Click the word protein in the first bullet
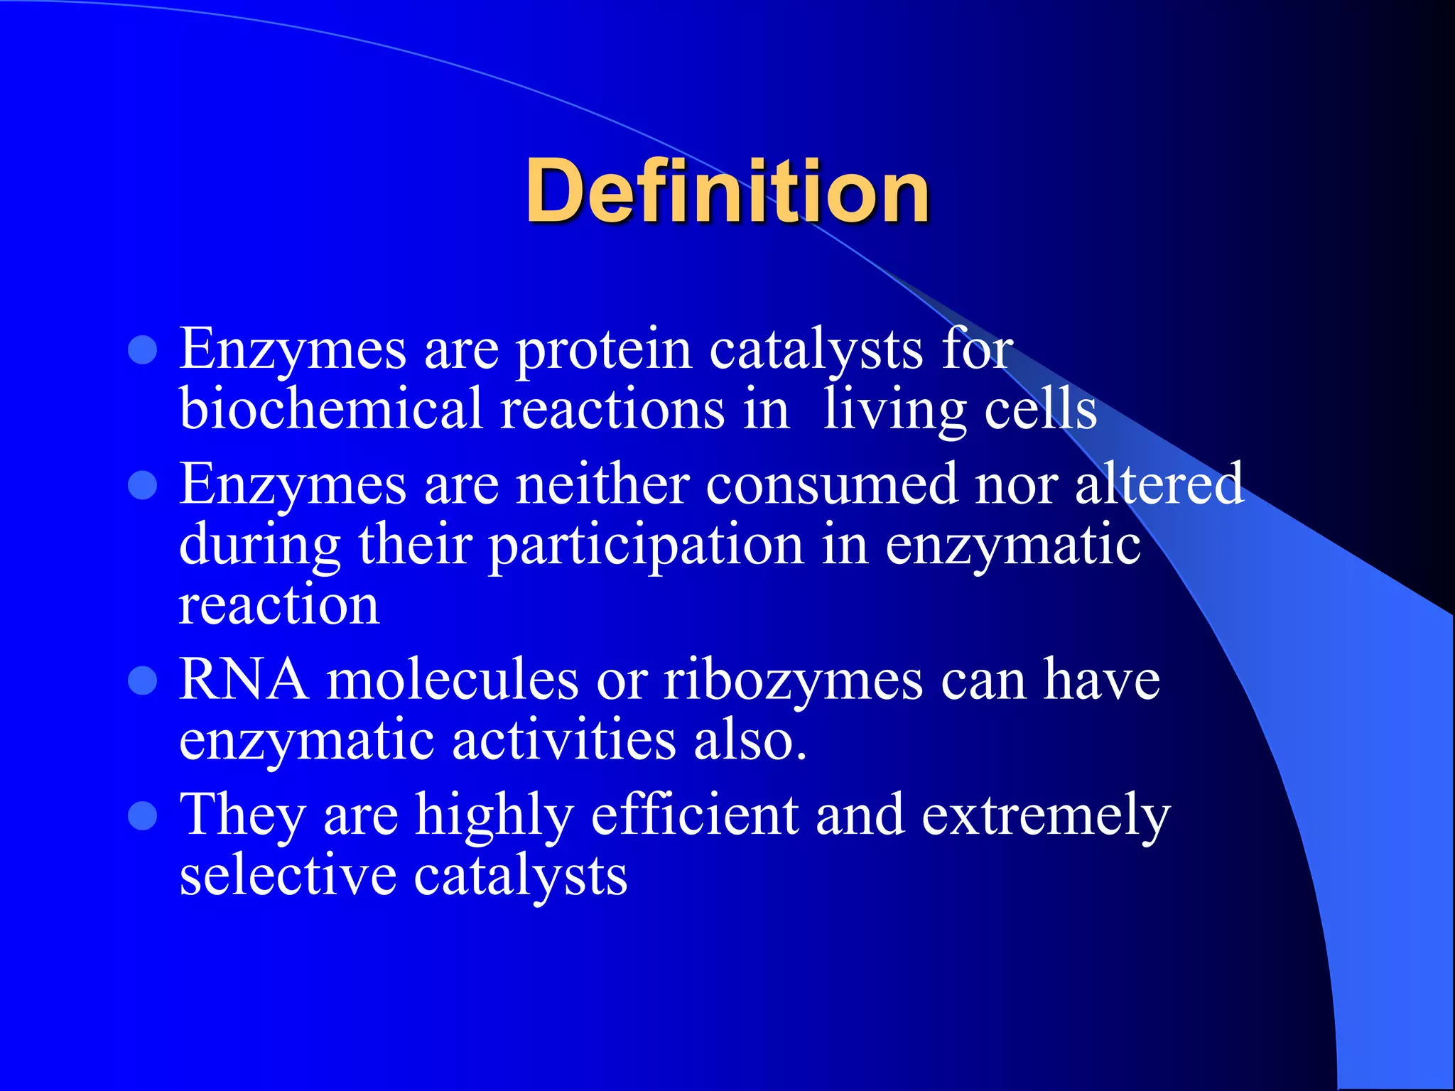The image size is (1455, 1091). coord(603,349)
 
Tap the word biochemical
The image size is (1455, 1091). coord(331,410)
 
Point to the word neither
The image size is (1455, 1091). coord(602,484)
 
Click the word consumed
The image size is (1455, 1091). coord(831,484)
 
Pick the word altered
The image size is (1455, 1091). coord(1159,484)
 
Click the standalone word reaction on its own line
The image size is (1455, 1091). coord(278,606)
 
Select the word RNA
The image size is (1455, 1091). coord(244,680)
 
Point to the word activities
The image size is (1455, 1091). coord(563,741)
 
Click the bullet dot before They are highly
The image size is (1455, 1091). coord(143,816)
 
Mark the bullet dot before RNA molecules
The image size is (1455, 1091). coord(143,681)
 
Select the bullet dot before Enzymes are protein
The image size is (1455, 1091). coord(143,350)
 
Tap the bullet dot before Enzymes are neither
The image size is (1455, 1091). coord(143,486)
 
